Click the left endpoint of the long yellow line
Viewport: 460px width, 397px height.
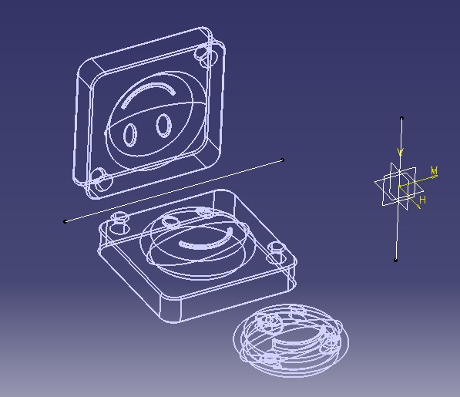[65, 222]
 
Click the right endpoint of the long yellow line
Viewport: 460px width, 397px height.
[283, 160]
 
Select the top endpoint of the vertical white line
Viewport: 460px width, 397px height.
[401, 119]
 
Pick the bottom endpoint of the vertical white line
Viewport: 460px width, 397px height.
[396, 260]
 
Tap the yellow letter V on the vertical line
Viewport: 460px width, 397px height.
[401, 152]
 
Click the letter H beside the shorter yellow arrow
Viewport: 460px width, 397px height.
[422, 200]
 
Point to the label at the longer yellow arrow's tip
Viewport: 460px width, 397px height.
[435, 170]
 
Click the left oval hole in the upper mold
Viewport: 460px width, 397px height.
[131, 134]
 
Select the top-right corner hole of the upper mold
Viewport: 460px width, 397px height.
[204, 53]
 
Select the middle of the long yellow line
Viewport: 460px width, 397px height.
[173, 191]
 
